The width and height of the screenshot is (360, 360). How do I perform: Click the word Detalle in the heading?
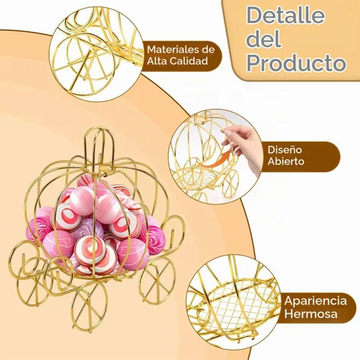click(286, 16)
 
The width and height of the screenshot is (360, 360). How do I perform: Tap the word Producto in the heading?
click(297, 63)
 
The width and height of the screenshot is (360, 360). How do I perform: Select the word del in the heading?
click(264, 39)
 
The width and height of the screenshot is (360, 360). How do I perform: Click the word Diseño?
click(284, 150)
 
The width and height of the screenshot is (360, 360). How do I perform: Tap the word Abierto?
click(286, 161)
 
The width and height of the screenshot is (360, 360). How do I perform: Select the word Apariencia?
click(315, 301)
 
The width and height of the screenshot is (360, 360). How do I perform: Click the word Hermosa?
click(311, 314)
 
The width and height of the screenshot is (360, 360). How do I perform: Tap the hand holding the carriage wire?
click(243, 146)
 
